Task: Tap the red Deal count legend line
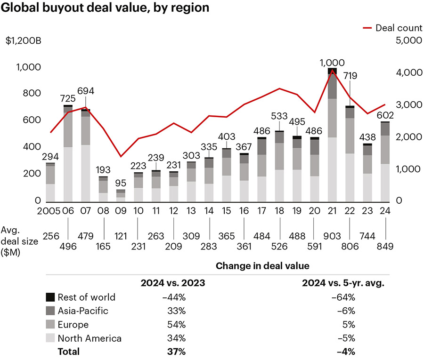pos(367,28)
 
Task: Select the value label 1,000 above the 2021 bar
pos(332,63)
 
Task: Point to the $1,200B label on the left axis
pos(24,40)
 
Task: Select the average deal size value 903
pos(332,233)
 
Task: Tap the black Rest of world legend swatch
pos(50,297)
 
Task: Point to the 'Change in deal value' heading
pos(262,266)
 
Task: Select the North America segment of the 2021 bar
pos(333,169)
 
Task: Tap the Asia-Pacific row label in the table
pos(83,311)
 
